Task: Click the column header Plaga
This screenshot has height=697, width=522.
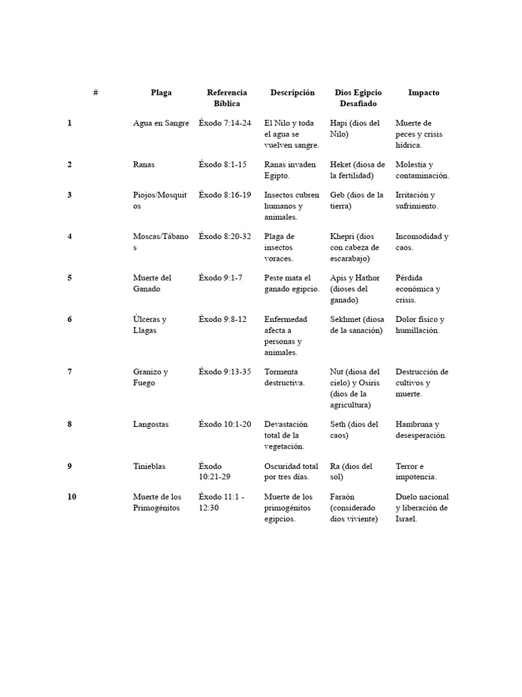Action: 161,93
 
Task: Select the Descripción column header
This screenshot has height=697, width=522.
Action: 292,93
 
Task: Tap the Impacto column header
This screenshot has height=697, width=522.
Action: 423,93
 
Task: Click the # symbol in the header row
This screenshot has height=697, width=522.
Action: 96,93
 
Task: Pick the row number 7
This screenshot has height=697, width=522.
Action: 69,372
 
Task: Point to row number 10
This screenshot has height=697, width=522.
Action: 71,497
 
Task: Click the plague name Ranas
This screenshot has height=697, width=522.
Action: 144,165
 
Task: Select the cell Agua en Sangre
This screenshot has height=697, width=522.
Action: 161,123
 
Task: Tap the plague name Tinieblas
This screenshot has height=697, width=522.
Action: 150,466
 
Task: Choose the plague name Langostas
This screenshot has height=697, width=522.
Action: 151,424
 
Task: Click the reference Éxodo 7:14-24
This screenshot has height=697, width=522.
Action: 225,123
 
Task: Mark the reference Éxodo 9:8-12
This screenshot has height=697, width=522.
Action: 222,319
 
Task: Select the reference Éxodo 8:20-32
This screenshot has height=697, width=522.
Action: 225,236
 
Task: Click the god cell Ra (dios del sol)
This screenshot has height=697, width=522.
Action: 351,472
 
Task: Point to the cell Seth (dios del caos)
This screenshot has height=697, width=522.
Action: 354,429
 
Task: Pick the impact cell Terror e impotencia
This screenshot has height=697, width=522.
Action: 416,472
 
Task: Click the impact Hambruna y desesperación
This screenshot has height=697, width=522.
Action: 421,429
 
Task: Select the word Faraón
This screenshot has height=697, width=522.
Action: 343,497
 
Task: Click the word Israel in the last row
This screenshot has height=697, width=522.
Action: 406,519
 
